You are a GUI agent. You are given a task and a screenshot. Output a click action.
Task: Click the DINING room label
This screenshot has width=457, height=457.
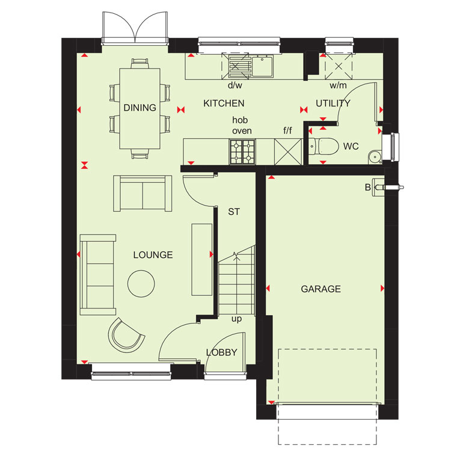140,108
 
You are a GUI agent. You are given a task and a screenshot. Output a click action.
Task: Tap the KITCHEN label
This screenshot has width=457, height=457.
224,103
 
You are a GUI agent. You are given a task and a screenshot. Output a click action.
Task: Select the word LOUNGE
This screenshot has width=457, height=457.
153,255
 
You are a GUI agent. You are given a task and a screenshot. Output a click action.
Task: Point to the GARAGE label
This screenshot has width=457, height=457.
321,289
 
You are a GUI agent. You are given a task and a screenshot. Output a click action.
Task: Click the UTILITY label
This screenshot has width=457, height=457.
333,103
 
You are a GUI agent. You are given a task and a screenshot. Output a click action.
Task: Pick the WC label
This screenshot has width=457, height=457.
351,146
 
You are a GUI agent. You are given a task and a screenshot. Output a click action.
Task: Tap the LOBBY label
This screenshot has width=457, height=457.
221,352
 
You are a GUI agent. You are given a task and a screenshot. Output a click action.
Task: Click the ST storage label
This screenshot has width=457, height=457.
234,212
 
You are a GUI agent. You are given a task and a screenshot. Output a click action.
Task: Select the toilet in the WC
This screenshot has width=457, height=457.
324,146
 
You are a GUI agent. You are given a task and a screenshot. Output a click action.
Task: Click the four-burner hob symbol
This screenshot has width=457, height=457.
242,152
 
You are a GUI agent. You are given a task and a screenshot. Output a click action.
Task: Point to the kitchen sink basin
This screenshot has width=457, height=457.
262,67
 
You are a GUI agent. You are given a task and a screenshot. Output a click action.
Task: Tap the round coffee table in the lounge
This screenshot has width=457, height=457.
141,284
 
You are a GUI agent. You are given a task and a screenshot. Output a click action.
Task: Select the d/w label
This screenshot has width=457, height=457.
235,85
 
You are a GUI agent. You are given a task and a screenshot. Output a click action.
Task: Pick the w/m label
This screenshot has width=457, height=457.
338,85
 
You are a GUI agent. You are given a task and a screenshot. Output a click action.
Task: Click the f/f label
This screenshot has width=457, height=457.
287,130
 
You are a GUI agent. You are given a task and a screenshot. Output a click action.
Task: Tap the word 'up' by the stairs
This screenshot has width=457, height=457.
236,319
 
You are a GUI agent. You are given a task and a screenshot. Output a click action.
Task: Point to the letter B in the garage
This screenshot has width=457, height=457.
368,188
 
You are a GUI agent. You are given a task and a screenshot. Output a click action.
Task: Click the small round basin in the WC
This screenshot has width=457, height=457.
374,158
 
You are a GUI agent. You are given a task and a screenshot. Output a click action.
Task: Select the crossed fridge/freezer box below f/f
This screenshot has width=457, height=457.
288,152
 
